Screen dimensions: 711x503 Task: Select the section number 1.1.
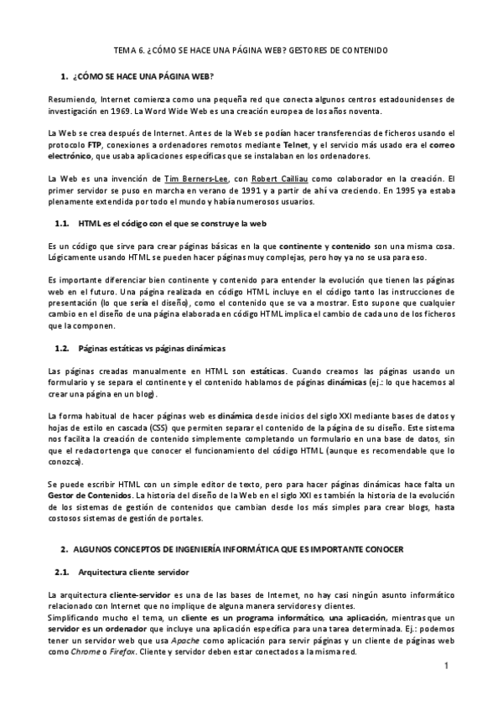click(x=61, y=224)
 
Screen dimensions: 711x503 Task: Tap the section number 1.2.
click(x=61, y=347)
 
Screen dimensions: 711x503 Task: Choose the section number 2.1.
click(x=61, y=572)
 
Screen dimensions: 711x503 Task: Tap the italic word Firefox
click(x=123, y=651)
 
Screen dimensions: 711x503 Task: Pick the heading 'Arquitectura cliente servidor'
click(x=132, y=572)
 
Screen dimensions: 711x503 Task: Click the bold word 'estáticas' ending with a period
click(x=267, y=371)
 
